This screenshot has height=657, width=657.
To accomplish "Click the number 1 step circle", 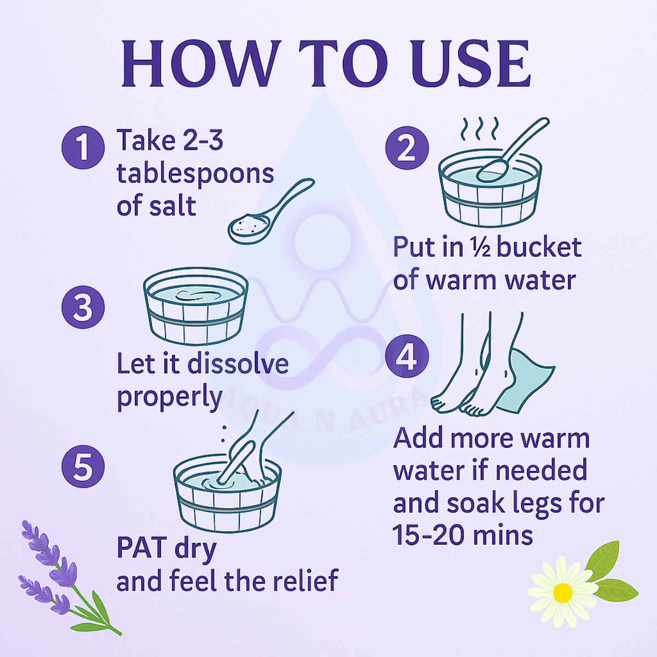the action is click(83, 148).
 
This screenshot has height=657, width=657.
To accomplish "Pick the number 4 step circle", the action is click(407, 356).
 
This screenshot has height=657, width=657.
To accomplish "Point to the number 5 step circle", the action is click(83, 466).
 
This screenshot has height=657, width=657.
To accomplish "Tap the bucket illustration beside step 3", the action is click(195, 306).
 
